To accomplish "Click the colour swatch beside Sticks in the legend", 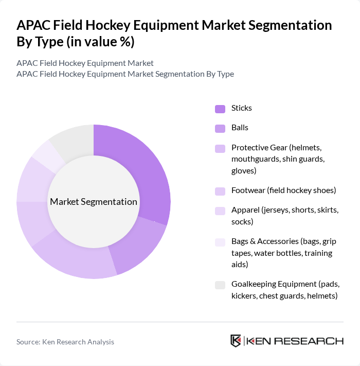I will pos(220,109).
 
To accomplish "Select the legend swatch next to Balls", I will pos(220,128).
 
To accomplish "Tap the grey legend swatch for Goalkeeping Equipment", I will pos(220,285).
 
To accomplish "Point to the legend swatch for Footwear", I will pos(220,191).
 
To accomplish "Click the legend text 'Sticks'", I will pos(242,108).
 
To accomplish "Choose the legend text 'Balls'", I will pos(240,128).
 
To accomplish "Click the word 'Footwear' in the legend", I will pos(248,190).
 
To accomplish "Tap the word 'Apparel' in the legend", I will pos(246,211).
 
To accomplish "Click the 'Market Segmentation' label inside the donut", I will pos(94,202).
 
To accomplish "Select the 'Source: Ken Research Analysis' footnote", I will pos(65,342).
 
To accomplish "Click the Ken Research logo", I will pos(286,341).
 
